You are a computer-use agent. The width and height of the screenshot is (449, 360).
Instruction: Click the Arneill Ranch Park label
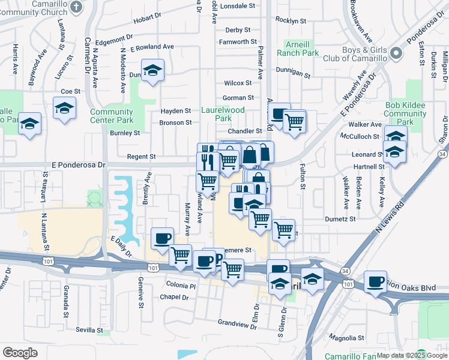point(298,49)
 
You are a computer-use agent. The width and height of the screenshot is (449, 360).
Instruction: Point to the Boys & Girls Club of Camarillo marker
point(396,54)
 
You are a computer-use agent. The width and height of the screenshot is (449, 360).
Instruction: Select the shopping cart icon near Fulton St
point(294,121)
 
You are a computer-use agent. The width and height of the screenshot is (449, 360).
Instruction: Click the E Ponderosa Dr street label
point(82,164)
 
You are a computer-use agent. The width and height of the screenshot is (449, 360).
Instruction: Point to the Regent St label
point(142,157)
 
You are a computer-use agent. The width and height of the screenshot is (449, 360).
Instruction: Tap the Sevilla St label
point(89,330)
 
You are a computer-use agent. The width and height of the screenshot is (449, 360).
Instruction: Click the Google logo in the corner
point(20,353)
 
